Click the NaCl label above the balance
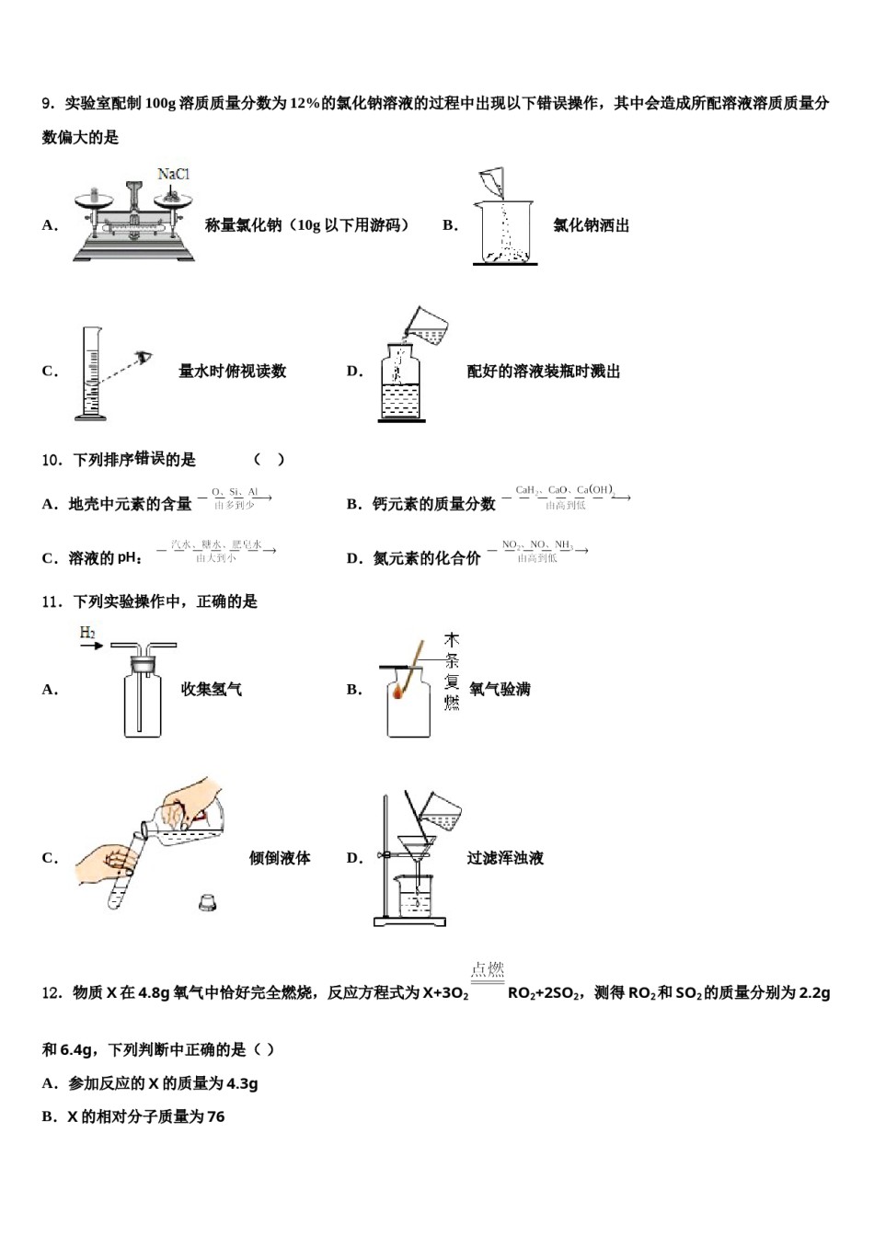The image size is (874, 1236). click(x=173, y=174)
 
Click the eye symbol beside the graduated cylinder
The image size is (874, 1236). click(x=143, y=358)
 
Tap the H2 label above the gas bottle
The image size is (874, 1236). click(x=87, y=633)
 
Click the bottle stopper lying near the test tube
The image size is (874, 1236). click(x=208, y=903)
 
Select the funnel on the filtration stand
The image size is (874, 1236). click(x=417, y=847)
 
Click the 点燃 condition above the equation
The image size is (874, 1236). click(x=488, y=969)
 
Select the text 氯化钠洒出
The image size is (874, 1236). click(x=591, y=225)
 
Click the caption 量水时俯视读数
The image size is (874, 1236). click(x=232, y=372)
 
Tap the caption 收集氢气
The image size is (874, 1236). click(x=212, y=689)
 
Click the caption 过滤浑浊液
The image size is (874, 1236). click(x=505, y=858)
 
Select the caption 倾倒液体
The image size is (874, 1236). click(x=280, y=858)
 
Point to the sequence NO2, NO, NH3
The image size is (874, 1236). click(x=537, y=544)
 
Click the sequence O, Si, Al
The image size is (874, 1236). click(x=235, y=492)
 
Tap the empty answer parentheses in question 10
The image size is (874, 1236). click(x=269, y=460)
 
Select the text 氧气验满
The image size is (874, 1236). click(x=500, y=689)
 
